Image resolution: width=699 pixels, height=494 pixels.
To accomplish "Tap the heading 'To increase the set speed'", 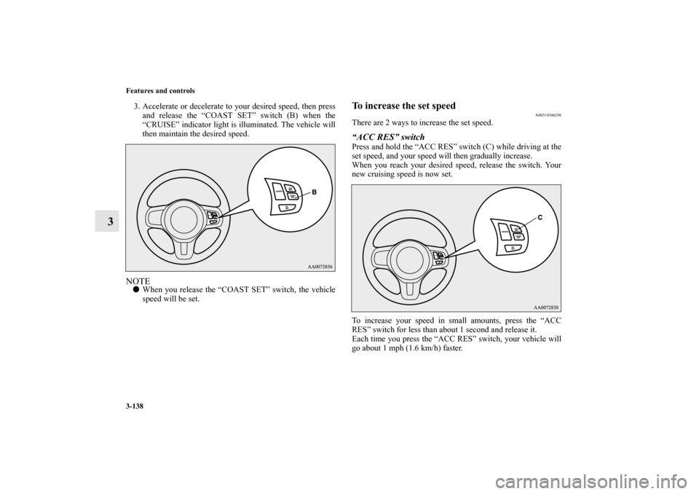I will click(x=403, y=106).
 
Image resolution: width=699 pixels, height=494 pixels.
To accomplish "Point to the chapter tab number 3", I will click(x=107, y=220).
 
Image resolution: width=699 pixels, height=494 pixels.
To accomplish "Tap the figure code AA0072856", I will click(x=311, y=265).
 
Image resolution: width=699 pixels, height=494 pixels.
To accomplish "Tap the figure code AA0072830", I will click(x=537, y=307).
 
